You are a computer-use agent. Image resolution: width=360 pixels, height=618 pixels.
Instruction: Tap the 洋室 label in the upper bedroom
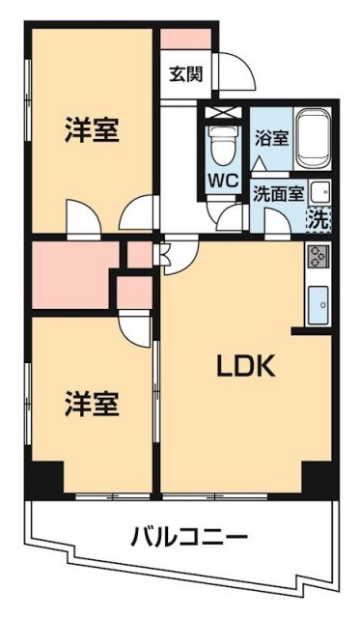tap(93, 132)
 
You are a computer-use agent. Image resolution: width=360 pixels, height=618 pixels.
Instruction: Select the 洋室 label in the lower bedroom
tap(93, 404)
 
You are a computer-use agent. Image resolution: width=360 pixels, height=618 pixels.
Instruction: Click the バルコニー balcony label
tap(189, 537)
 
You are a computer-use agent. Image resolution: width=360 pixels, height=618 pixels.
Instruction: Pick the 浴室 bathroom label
tap(271, 138)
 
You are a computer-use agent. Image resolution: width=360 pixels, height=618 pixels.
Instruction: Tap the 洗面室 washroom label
tap(275, 191)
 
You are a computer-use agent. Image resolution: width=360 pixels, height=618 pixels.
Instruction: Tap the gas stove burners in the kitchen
tap(318, 257)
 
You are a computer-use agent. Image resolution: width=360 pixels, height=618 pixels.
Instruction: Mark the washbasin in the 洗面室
tap(319, 190)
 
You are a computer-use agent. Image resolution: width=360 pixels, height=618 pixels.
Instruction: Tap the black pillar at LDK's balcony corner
tap(318, 477)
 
